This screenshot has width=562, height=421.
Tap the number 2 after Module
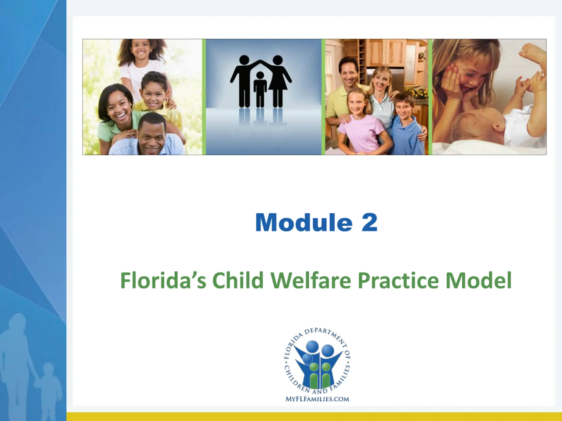(369, 222)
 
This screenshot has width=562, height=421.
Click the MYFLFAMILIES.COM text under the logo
(317, 399)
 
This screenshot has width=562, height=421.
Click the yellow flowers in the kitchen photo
(418, 92)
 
